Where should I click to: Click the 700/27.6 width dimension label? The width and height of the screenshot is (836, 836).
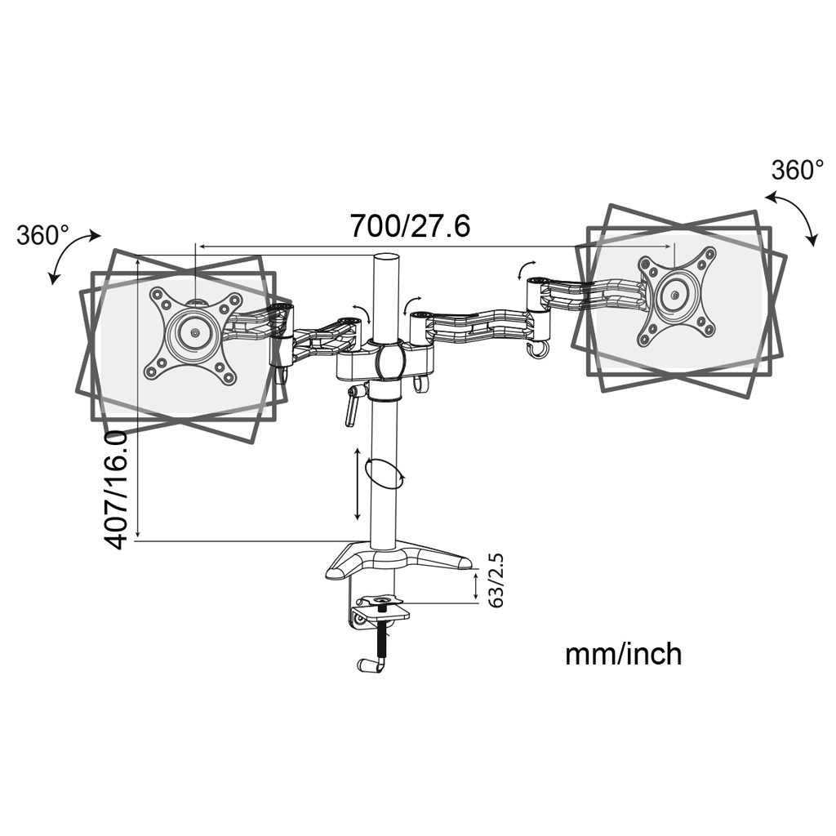(x=410, y=226)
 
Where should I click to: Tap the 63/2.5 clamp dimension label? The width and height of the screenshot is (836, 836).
(x=496, y=580)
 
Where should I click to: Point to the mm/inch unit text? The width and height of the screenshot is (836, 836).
(x=623, y=654)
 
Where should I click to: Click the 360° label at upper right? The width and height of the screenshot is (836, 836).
(x=797, y=171)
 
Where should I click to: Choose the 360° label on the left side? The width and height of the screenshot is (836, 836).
(x=42, y=235)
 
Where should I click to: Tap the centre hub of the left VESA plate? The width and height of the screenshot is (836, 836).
(x=193, y=333)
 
